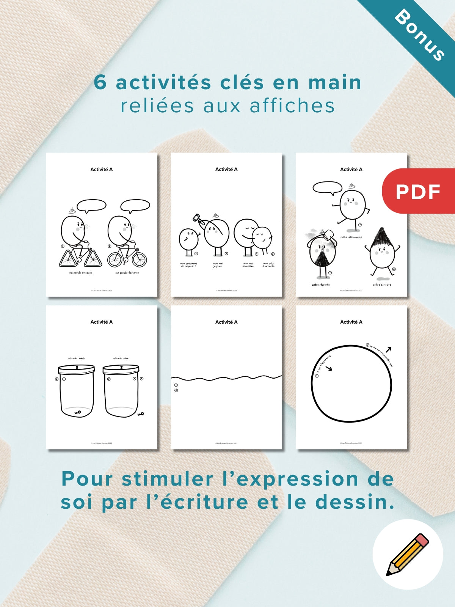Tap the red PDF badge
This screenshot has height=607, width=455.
tap(418, 191)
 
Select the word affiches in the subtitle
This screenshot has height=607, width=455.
tap(292, 106)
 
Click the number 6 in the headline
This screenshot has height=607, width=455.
tap(100, 82)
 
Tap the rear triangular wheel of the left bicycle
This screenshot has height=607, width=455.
tap(68, 259)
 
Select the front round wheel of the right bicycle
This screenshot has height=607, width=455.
tap(139, 259)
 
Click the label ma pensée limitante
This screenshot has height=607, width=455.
tap(80, 273)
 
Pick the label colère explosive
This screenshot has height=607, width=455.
tap(382, 285)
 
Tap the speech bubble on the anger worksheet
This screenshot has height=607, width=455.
tap(327, 187)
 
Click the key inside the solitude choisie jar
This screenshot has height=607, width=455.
tap(78, 412)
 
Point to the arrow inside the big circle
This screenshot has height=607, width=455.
tap(328, 368)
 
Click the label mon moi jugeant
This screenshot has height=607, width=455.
tap(218, 265)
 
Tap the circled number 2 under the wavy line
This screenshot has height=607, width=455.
tap(176, 390)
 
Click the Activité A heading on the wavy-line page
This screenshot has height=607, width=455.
tap(226, 322)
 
